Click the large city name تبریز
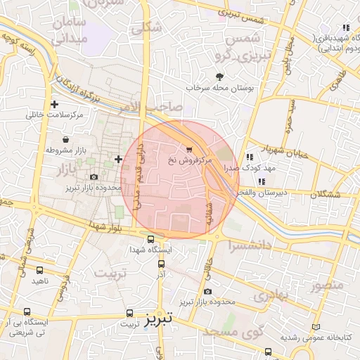point(158,321)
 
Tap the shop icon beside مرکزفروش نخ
point(190,148)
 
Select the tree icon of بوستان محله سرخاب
point(220,77)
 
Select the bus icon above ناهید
point(40,269)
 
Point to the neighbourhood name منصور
point(327,285)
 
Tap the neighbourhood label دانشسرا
point(251,245)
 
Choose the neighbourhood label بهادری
point(272,296)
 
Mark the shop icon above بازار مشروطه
point(65,139)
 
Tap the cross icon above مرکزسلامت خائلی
point(54,103)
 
